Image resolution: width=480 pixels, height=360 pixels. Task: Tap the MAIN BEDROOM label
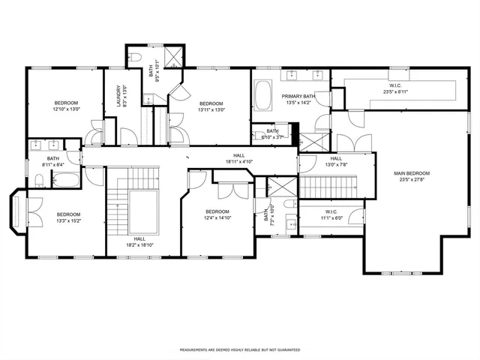point(412,174)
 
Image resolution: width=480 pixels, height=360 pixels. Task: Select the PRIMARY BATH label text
point(298,97)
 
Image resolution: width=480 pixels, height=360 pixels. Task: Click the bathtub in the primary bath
point(265,96)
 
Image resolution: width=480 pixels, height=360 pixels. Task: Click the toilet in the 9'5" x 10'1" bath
point(135,57)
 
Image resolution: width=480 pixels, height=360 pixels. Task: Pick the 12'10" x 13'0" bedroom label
point(66,102)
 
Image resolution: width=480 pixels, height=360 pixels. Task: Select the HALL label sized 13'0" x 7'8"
point(335,159)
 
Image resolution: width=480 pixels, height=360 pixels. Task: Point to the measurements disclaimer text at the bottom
point(239,349)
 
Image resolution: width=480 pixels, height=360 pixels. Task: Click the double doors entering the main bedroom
point(348,142)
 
